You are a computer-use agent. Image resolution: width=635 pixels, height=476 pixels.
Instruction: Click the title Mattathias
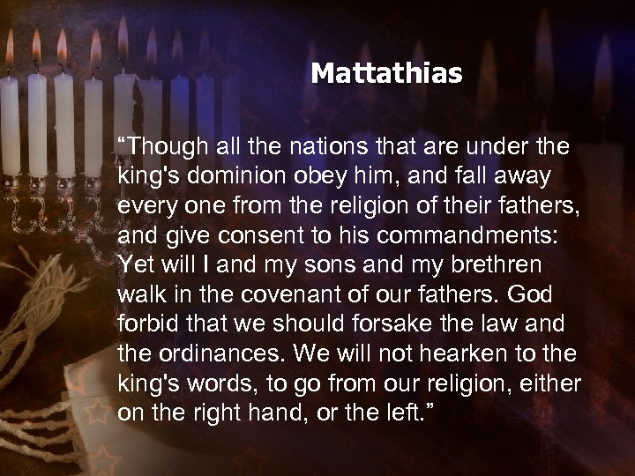[x=385, y=73]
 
